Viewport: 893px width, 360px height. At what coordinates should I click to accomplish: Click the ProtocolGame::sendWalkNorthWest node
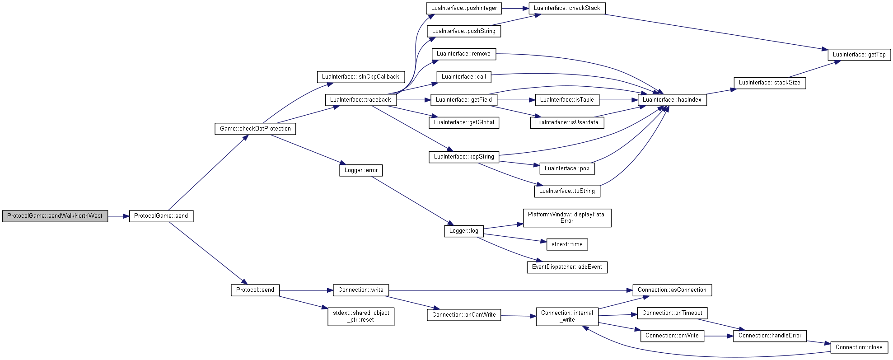coord(55,216)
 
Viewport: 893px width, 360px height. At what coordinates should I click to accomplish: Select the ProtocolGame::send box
coord(161,216)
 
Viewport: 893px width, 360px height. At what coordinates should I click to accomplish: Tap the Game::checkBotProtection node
coord(255,129)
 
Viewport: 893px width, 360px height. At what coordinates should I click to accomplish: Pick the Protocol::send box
coord(255,290)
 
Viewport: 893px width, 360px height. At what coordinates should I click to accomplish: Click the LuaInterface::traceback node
coord(361,100)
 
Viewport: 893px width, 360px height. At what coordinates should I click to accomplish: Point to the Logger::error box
coord(361,170)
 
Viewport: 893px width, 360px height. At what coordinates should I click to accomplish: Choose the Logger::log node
coord(464,231)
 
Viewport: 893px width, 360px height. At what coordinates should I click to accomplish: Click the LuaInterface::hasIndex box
coord(672,100)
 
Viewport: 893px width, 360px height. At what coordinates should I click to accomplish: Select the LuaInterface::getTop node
coord(859,55)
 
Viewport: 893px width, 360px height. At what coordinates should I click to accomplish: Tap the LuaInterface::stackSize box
coord(770,83)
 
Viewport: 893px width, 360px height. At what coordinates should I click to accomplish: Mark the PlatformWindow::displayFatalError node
coord(567,218)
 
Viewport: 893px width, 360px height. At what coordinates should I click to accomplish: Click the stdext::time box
coord(567,244)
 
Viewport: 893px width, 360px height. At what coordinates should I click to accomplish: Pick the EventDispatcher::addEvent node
coord(567,267)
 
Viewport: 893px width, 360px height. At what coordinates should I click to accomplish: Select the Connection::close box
coord(859,347)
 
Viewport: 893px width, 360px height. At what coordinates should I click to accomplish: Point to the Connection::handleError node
coord(770,336)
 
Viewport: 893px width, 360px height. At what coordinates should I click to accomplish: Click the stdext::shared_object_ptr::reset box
coord(361,316)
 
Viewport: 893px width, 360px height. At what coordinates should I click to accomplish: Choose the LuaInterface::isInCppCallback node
coord(360,77)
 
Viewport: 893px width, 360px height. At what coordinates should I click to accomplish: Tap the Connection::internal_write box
coord(567,316)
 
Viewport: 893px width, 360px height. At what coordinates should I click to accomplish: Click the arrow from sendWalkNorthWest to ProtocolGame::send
coord(118,216)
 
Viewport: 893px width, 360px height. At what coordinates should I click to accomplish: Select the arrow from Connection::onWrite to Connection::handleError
coord(719,336)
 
